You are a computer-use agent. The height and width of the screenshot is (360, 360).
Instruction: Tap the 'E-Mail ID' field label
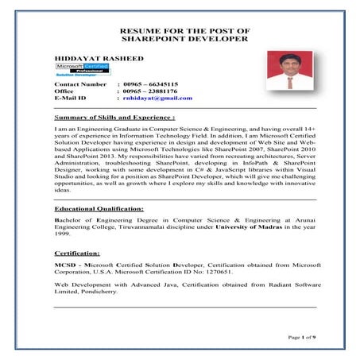tap(72, 99)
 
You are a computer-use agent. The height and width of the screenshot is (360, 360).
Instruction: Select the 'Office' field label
tap(64, 91)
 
